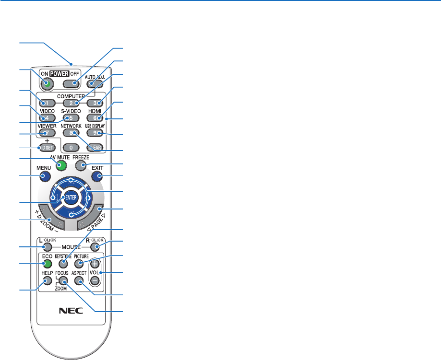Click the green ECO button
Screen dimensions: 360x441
(47, 263)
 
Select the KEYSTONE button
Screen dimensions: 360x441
(66, 264)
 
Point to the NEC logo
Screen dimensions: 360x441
(71, 310)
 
